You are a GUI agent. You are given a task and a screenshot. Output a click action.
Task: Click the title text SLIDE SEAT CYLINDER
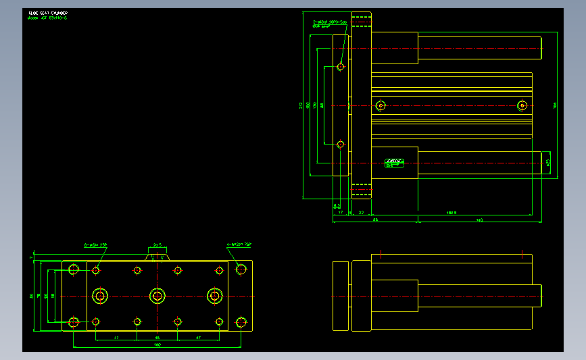tap(48, 13)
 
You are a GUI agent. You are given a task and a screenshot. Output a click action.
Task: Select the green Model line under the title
tap(47, 18)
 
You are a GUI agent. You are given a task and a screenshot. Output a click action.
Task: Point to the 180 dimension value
tap(157, 344)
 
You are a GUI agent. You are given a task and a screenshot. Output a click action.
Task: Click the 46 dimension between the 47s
tap(157, 336)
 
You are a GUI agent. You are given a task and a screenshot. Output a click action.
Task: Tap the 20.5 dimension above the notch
tap(157, 245)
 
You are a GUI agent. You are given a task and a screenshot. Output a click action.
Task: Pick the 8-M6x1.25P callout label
tap(95, 245)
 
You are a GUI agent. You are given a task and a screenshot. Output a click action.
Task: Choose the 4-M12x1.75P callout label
tap(239, 244)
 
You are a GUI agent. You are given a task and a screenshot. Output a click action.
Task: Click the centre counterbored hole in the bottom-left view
tap(157, 296)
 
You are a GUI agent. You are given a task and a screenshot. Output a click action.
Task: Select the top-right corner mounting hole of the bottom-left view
tap(241, 269)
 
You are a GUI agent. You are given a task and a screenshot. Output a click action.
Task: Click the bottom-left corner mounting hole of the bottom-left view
tap(74, 322)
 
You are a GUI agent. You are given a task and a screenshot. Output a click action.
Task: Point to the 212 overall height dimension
tap(301, 105)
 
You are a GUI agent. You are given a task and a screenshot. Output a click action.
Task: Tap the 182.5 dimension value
tap(452, 213)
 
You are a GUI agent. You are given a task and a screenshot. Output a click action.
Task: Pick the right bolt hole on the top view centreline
tap(522, 105)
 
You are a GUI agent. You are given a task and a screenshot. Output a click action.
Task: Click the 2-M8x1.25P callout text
tap(329, 22)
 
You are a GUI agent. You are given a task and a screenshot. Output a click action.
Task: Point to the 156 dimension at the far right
tap(556, 105)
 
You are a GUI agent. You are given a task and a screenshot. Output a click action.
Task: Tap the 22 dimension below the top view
tap(361, 213)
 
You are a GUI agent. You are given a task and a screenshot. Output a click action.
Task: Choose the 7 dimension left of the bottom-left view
tap(31, 258)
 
